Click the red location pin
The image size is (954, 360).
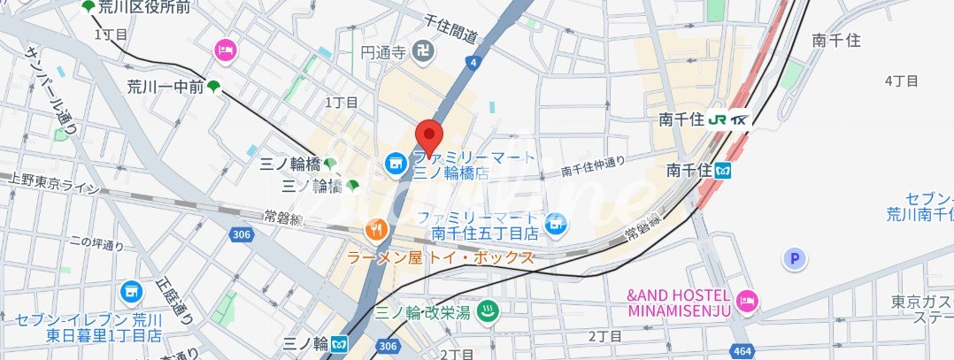click(429, 137)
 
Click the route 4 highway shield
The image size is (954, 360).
click(474, 62)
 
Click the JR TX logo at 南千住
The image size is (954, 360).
click(729, 119)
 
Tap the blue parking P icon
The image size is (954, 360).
click(796, 258)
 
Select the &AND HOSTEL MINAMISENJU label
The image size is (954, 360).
click(679, 303)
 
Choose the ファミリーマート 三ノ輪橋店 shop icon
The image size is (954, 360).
click(395, 163)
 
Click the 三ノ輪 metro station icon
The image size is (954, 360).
click(341, 342)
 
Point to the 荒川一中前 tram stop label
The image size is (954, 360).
click(165, 86)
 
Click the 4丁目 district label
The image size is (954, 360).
click(902, 80)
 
